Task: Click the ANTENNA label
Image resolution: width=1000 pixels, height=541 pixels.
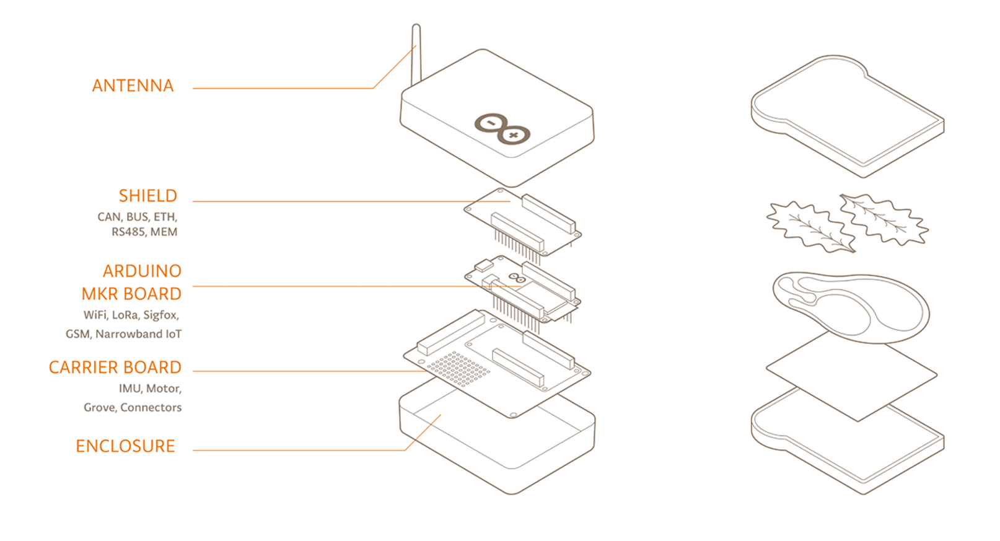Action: [133, 86]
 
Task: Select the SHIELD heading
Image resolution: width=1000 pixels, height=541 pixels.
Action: [148, 196]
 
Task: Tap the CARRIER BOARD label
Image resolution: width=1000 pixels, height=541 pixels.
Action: [115, 367]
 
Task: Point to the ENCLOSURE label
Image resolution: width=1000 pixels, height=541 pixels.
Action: [125, 446]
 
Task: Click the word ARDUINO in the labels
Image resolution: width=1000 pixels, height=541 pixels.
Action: [142, 271]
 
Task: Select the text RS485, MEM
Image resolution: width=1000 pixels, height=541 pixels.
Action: [144, 232]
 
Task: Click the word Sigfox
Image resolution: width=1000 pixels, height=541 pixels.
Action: [160, 315]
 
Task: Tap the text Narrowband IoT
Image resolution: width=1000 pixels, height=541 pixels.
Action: [138, 334]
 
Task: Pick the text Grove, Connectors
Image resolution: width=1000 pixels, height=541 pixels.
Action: [133, 408]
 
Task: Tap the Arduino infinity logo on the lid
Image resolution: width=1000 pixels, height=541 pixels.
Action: [502, 128]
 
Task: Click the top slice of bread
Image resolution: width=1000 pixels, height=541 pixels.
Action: [848, 116]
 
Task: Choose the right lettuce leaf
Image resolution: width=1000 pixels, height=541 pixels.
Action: [884, 219]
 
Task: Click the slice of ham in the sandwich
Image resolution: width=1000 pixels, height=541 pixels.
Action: [851, 309]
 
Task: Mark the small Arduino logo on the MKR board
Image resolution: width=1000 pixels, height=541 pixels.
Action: [517, 278]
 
